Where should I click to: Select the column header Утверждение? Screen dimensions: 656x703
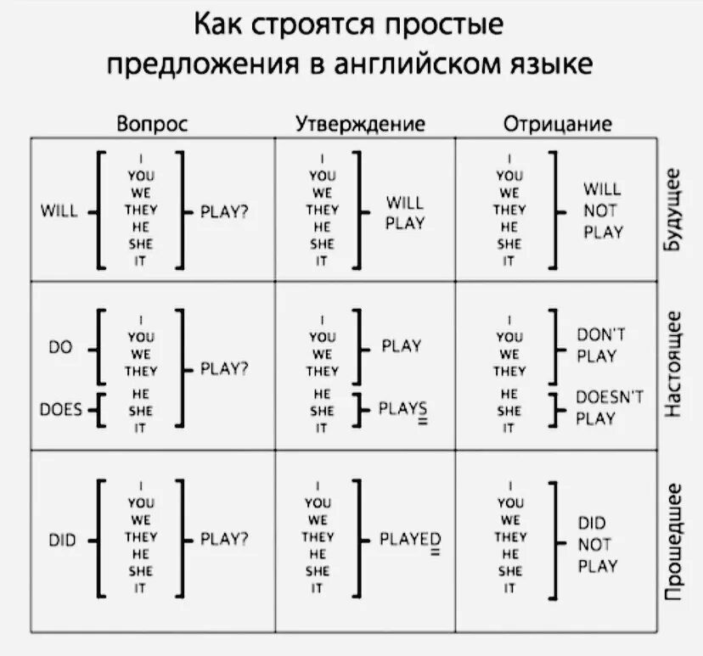pos(360,124)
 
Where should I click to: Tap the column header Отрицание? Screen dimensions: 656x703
pos(558,124)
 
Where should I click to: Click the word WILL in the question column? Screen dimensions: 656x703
pos(59,211)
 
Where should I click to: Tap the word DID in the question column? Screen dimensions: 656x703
pos(63,539)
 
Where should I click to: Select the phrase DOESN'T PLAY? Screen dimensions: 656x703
pos(610,406)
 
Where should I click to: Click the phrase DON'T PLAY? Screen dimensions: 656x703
pos(601,345)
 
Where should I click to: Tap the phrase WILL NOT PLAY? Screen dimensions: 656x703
pos(603,210)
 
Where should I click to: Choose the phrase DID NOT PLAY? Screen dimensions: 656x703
pos(598,544)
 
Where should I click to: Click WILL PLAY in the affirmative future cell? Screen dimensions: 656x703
pos(405,212)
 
